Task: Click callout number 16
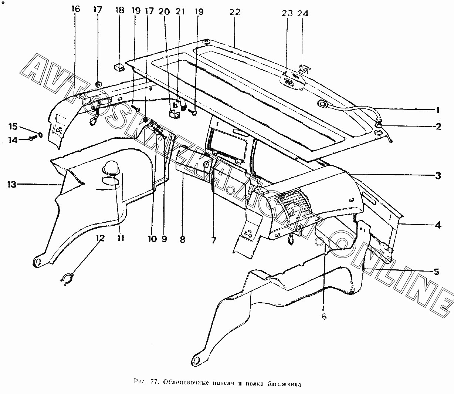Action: (x=75, y=9)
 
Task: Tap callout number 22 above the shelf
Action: (x=235, y=12)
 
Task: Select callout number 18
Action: (x=120, y=10)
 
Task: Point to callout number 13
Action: (x=13, y=184)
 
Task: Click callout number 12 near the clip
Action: (x=101, y=238)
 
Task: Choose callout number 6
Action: (x=324, y=317)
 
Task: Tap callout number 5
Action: (x=437, y=272)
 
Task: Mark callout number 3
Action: (x=438, y=176)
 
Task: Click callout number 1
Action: (x=437, y=110)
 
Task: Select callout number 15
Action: (x=13, y=127)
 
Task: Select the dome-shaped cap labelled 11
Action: (x=110, y=168)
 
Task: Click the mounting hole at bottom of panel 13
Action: (x=37, y=262)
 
